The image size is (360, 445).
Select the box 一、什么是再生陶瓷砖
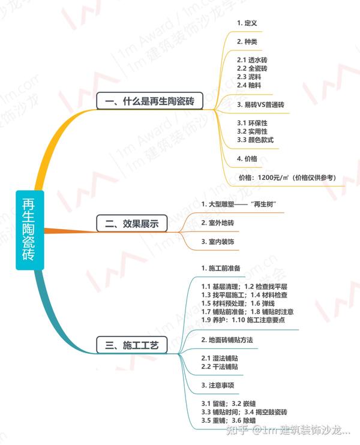click(149, 101)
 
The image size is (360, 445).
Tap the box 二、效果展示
click(131, 223)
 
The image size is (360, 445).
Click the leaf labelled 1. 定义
click(247, 23)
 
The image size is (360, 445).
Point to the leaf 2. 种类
click(247, 42)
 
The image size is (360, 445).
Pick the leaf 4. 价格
click(247, 159)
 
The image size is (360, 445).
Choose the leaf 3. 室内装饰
click(217, 241)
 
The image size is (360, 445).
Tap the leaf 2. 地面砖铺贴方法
click(227, 340)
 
